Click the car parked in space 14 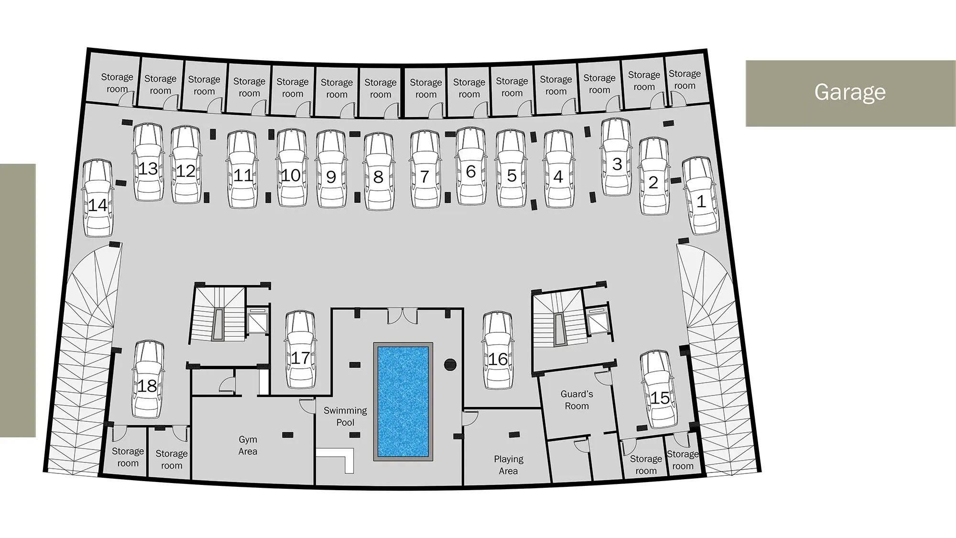pos(98,198)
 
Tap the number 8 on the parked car pos(378,177)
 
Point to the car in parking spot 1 pos(700,196)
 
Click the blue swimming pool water pos(403,401)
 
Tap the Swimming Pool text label pos(345,417)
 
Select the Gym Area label pos(248,445)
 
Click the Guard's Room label pos(576,400)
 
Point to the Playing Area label pos(508,465)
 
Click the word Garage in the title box pos(850,92)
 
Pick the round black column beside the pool pos(450,365)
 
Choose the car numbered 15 pos(660,390)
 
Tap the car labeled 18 pos(148,379)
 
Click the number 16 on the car pos(498,359)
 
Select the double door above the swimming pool pos(402,316)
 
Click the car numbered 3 pos(617,157)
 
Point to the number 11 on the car pos(243,175)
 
